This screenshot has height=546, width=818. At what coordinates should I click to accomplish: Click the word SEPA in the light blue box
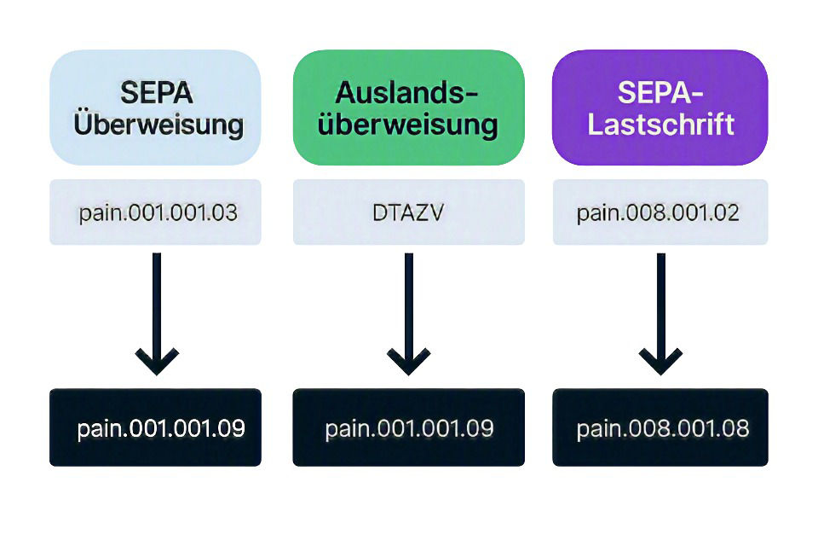tap(157, 93)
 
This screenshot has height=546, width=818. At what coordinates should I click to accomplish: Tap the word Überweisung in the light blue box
tap(158, 124)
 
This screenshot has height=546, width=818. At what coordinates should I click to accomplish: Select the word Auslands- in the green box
tap(407, 93)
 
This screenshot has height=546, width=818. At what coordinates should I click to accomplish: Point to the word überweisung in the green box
tap(408, 125)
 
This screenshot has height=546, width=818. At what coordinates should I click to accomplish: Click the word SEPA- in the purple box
tap(660, 93)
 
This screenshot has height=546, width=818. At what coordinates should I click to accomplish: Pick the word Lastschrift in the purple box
tap(661, 125)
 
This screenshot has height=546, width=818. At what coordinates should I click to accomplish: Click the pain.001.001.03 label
tap(158, 213)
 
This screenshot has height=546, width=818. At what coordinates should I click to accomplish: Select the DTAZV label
tap(408, 212)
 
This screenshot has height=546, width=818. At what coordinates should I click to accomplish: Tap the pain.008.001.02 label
tap(658, 213)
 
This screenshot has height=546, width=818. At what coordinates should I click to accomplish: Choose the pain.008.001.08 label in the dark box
tap(663, 429)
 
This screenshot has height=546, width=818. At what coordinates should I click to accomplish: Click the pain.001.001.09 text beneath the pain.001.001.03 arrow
tap(161, 429)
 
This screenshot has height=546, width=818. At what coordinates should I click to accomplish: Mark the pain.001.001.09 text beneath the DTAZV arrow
tap(409, 429)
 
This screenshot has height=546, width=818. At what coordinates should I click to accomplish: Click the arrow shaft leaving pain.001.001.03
tap(157, 308)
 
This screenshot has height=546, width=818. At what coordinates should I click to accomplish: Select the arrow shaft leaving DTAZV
tap(409, 308)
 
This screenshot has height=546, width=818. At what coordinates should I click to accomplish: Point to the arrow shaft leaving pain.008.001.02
tap(661, 308)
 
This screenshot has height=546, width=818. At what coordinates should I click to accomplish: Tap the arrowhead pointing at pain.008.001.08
tap(661, 362)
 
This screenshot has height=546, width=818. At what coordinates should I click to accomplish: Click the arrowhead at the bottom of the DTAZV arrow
tap(409, 362)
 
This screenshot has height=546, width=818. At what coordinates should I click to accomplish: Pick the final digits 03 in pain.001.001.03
tap(227, 213)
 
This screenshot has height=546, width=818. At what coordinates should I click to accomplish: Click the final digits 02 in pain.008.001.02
tap(729, 213)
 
